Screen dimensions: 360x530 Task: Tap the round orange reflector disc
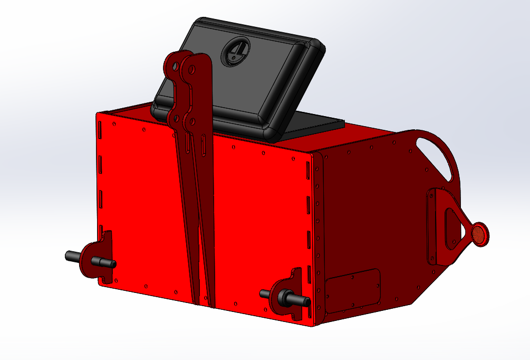(480, 235)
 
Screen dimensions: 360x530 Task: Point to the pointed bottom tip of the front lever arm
(211, 305)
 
